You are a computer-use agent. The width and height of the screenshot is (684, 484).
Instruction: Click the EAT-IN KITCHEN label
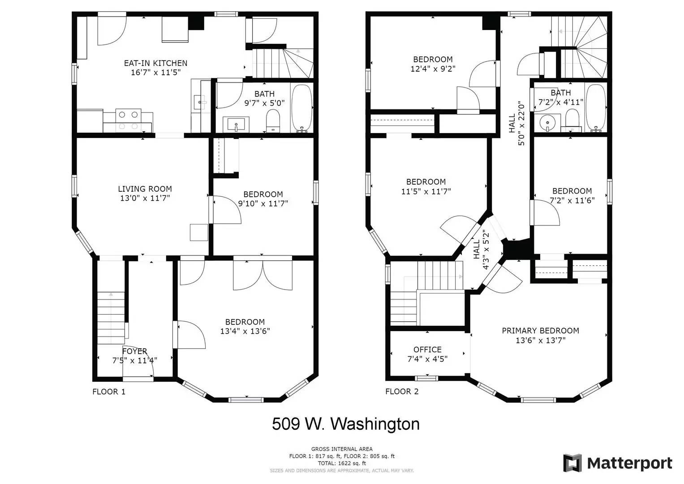coord(155,63)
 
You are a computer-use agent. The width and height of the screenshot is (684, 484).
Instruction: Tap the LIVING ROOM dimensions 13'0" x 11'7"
coord(145,198)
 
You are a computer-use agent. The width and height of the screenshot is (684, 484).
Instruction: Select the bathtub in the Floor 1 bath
coord(302,108)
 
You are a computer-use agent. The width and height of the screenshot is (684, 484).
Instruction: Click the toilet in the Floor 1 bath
coord(273,121)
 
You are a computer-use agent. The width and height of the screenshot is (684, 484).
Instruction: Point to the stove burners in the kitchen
coord(128,121)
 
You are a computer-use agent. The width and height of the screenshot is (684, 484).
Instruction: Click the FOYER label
coord(135,351)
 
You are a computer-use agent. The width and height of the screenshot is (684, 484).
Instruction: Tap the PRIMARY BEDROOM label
coord(541,331)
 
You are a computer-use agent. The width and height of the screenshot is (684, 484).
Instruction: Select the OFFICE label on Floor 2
coord(427,350)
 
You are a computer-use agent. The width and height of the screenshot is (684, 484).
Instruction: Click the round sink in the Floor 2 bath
coord(547,123)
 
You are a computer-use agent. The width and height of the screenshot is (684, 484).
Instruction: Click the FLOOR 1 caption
coord(109,392)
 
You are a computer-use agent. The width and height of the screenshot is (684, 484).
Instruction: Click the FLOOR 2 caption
coord(402,391)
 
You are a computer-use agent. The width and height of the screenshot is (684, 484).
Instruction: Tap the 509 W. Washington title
coord(346,424)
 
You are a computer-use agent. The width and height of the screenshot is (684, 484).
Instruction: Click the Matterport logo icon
coord(572,463)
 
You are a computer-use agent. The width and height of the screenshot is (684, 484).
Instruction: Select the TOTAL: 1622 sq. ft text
coord(342,463)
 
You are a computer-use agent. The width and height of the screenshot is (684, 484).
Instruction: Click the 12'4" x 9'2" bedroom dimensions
coord(433,69)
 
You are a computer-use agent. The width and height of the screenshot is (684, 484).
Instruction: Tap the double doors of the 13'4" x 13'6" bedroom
coord(262,273)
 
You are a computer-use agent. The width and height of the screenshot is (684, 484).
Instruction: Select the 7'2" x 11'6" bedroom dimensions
coord(572,200)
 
